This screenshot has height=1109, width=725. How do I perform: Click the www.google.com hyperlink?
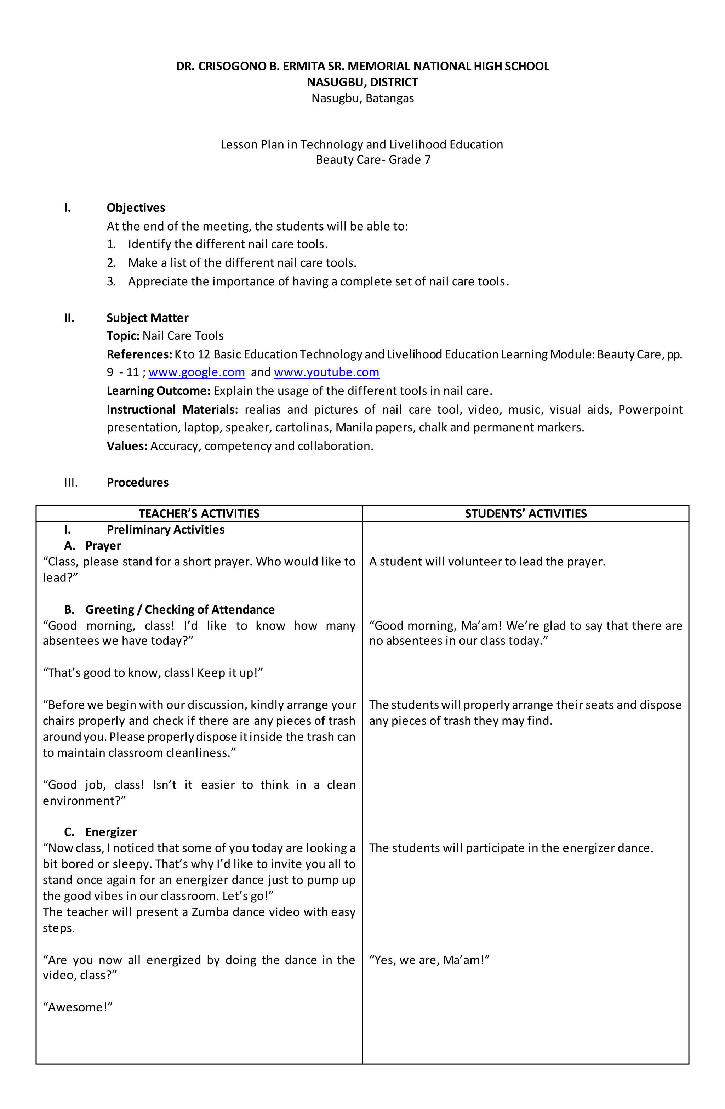click(x=196, y=372)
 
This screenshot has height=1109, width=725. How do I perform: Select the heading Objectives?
click(x=136, y=208)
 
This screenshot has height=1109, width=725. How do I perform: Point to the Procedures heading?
click(x=137, y=482)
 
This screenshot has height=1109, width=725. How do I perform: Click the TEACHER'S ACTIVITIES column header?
click(x=199, y=513)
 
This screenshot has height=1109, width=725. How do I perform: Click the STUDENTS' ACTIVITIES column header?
click(x=526, y=513)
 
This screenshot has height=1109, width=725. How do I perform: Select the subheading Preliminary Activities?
click(x=165, y=530)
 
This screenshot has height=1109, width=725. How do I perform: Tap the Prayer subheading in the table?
click(x=103, y=546)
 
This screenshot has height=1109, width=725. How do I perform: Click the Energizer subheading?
click(x=111, y=832)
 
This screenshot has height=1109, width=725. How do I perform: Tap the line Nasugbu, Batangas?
click(x=362, y=98)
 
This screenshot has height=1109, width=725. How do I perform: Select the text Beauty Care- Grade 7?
click(x=373, y=160)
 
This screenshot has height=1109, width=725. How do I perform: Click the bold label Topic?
click(x=123, y=336)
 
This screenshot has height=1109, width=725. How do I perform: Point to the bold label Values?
click(x=127, y=447)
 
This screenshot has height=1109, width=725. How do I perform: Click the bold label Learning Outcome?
click(x=159, y=391)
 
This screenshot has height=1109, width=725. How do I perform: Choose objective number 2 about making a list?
click(x=242, y=263)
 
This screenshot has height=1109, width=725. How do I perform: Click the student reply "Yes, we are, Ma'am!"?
click(x=429, y=960)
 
